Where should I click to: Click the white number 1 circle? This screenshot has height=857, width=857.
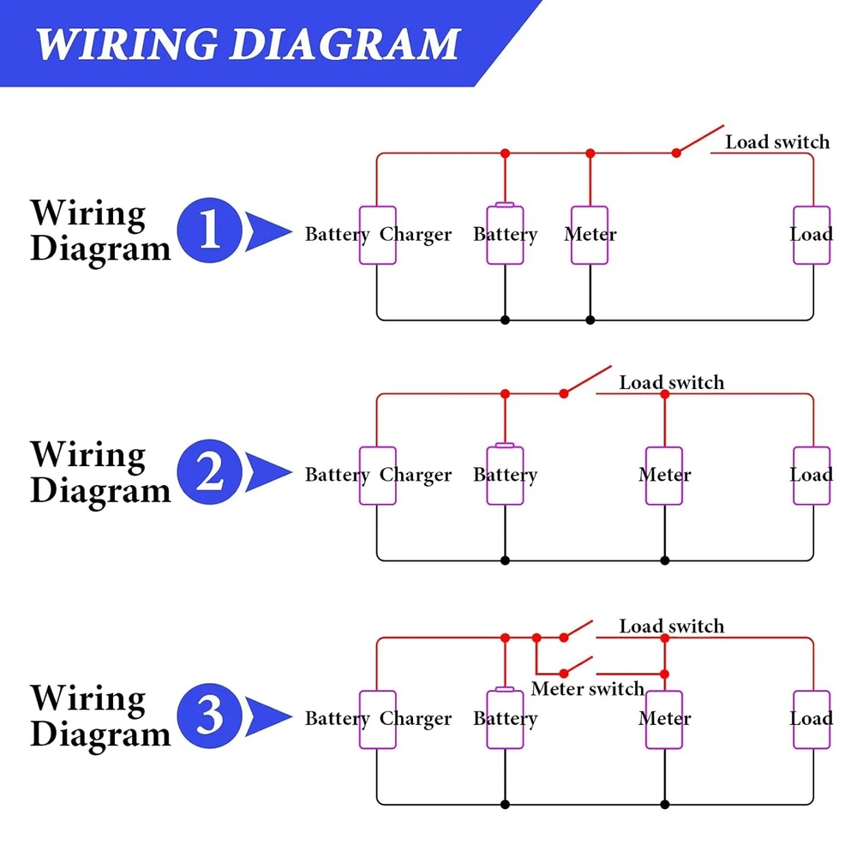pyautogui.click(x=209, y=231)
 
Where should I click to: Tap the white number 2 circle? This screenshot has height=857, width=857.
pyautogui.click(x=209, y=473)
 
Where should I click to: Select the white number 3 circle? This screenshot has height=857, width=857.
pyautogui.click(x=209, y=716)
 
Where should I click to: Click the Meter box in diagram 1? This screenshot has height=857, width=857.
pyautogui.click(x=590, y=235)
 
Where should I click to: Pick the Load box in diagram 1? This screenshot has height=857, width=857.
pyautogui.click(x=812, y=235)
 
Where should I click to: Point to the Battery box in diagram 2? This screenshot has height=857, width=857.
pyautogui.click(x=505, y=475)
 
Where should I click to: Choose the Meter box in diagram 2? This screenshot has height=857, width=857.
pyautogui.click(x=664, y=475)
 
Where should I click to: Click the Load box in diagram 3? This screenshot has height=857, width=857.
pyautogui.click(x=812, y=718)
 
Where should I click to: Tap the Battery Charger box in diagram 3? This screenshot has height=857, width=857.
pyautogui.click(x=377, y=718)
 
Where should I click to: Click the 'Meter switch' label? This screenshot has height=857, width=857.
pyautogui.click(x=587, y=689)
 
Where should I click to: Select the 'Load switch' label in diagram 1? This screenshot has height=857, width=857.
pyautogui.click(x=777, y=142)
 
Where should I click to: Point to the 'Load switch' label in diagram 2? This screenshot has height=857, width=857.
pyautogui.click(x=671, y=383)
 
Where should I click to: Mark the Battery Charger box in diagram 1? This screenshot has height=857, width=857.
pyautogui.click(x=377, y=235)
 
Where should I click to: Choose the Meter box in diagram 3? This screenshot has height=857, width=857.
pyautogui.click(x=664, y=718)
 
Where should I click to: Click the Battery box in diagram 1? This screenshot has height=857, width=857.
pyautogui.click(x=505, y=235)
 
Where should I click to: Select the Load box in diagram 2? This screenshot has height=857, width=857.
pyautogui.click(x=812, y=475)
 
